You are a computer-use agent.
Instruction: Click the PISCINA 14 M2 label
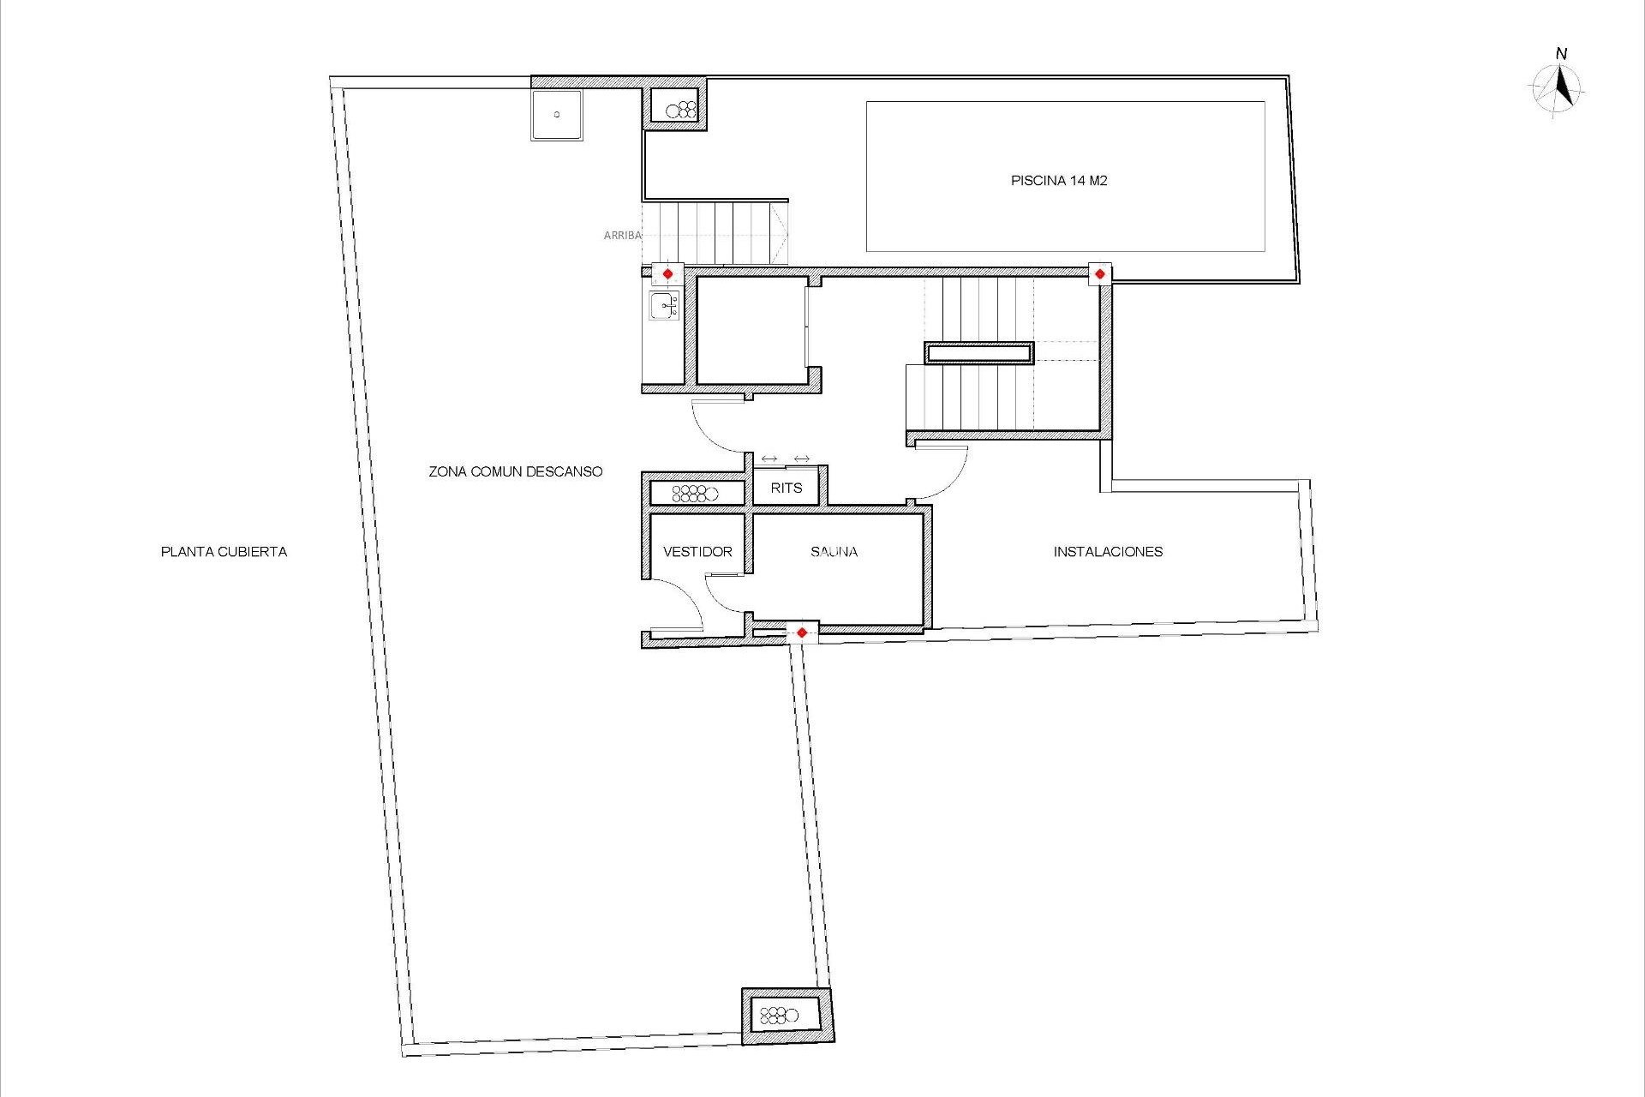(x=1059, y=181)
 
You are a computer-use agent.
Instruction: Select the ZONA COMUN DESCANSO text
(x=515, y=471)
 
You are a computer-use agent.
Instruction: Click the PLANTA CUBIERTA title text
(x=224, y=552)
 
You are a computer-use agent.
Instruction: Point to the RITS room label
(x=786, y=488)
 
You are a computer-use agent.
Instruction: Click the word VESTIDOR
(x=697, y=552)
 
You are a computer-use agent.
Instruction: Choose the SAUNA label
(x=834, y=552)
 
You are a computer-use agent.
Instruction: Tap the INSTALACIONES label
(x=1108, y=552)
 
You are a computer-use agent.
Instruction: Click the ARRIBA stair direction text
(x=622, y=235)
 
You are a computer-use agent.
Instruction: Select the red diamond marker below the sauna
(x=802, y=633)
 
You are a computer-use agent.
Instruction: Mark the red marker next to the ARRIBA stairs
(x=668, y=274)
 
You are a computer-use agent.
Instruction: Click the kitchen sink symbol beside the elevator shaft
(x=664, y=305)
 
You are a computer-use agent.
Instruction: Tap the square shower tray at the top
(x=556, y=114)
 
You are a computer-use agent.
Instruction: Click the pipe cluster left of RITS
(x=695, y=493)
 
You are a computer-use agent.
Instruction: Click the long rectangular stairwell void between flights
(x=978, y=353)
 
